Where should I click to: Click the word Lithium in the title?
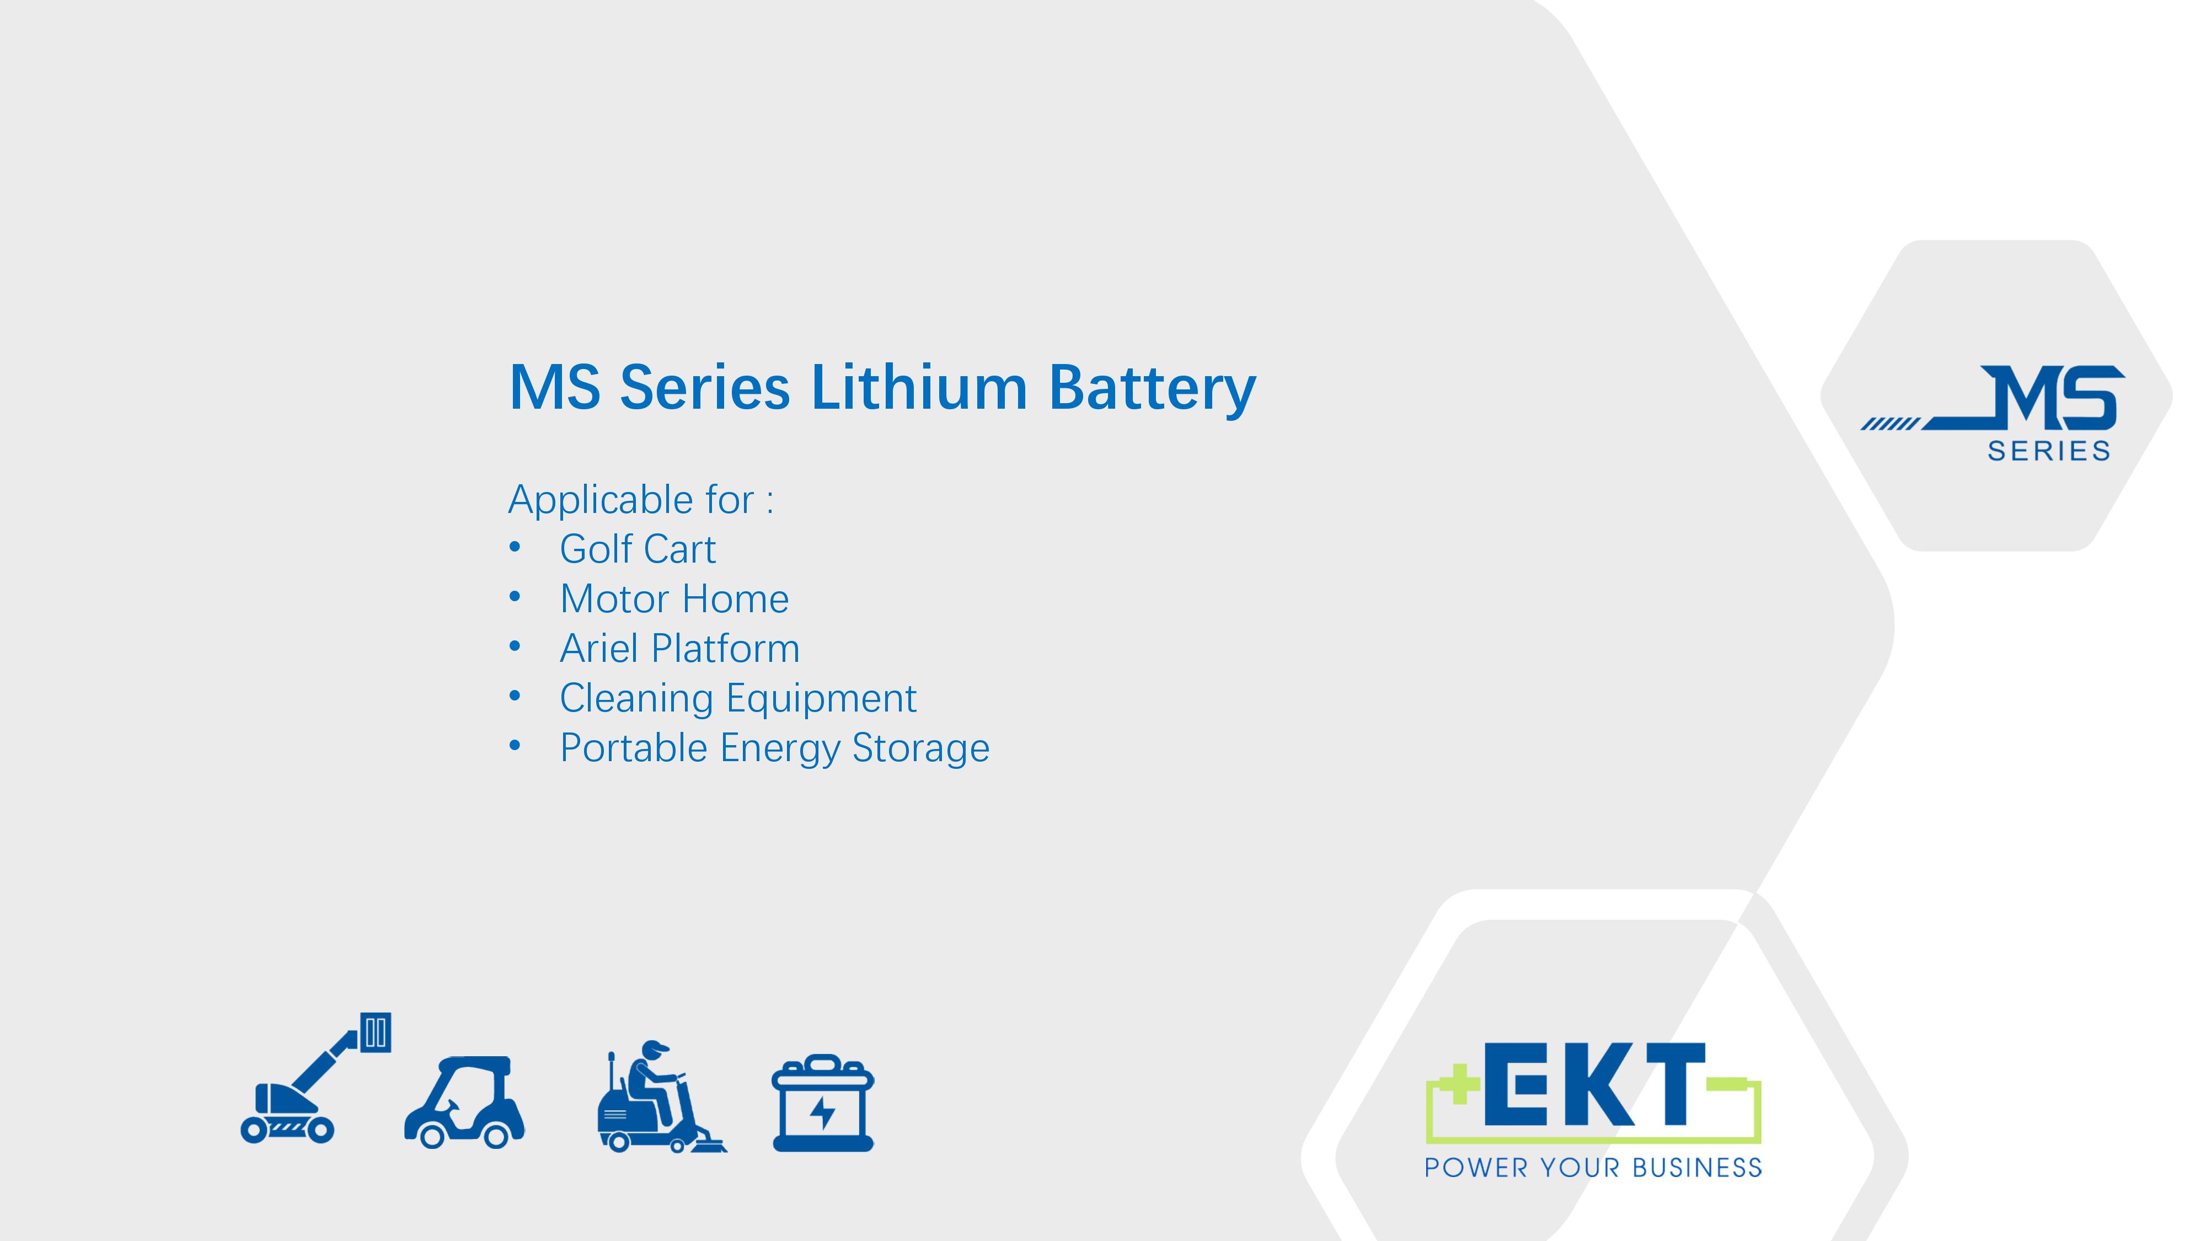[918, 387]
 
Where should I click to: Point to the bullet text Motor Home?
[674, 598]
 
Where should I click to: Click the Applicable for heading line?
[640, 499]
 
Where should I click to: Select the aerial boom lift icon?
[315, 1077]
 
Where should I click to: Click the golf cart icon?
[464, 1102]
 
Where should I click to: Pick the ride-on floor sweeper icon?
[661, 1096]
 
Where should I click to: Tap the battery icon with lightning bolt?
[823, 1103]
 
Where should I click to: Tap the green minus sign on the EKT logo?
[1726, 1085]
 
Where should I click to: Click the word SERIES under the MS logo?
[2048, 451]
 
